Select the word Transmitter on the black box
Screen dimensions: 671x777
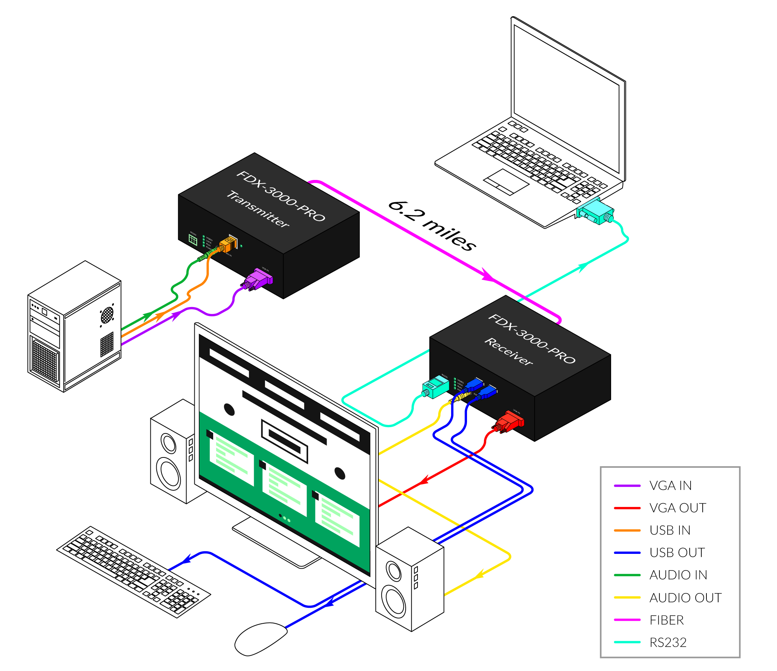(258, 209)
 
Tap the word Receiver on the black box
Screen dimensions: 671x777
(509, 351)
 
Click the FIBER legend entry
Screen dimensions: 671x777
(667, 620)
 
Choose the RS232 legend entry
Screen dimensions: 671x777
(668, 643)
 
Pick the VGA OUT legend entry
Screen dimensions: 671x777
(677, 508)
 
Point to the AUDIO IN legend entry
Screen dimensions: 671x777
(678, 575)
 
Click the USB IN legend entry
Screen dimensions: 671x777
(670, 530)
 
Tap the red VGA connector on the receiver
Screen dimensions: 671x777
(510, 422)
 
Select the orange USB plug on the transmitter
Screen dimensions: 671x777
(228, 245)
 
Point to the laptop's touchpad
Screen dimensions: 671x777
(506, 182)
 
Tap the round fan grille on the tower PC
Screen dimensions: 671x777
(107, 315)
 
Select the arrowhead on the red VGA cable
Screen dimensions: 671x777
(424, 480)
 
